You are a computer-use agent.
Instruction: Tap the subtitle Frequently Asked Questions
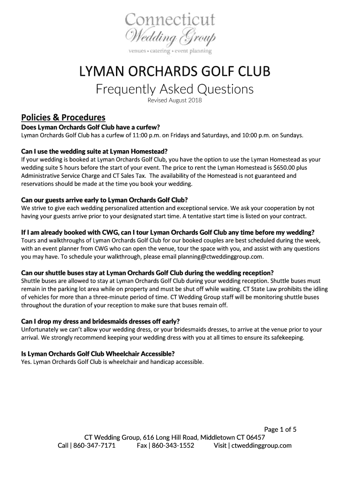pos(174,89)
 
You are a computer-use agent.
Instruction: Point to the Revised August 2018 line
pos(174,101)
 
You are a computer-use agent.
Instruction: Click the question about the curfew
pos(91,127)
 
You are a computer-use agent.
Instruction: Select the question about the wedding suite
pos(94,151)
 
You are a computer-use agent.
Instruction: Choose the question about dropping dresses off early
pos(101,321)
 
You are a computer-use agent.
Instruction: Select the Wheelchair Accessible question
pos(98,353)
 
